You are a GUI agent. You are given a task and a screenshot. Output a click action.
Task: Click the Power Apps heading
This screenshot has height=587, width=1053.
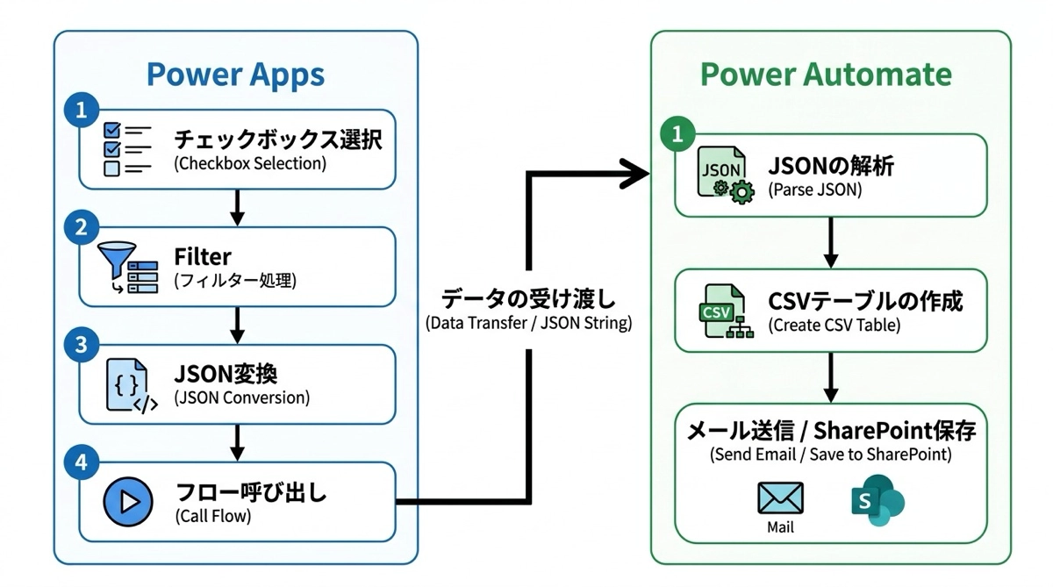[235, 75]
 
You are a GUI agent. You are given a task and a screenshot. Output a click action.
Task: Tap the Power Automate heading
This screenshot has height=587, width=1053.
[826, 75]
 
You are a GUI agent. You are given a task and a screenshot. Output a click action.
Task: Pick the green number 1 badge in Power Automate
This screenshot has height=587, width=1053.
[677, 135]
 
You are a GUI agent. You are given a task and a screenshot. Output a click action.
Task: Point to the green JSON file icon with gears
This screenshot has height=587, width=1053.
[724, 175]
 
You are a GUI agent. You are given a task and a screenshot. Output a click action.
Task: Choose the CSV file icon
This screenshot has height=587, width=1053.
[721, 312]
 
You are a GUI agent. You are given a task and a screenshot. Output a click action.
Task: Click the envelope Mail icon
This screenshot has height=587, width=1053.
[780, 498]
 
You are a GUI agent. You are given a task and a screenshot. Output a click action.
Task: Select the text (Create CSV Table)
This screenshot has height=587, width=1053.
[834, 325]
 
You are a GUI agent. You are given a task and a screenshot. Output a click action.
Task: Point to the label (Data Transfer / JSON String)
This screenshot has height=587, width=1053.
[528, 323]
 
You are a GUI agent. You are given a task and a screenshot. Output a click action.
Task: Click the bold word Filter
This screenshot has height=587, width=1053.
[203, 256]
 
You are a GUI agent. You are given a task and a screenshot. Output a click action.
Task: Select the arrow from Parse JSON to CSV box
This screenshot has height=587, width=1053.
[831, 242]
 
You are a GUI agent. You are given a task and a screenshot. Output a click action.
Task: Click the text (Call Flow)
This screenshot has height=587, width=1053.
[213, 516]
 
